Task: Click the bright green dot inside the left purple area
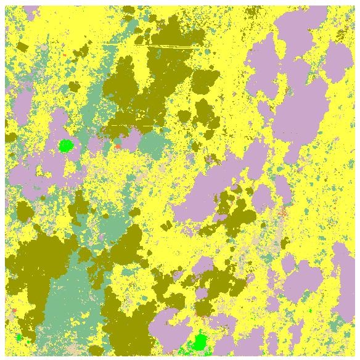65,145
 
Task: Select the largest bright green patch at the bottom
199,342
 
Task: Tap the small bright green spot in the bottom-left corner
19,337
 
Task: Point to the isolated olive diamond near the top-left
22,47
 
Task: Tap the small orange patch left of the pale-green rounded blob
117,146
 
